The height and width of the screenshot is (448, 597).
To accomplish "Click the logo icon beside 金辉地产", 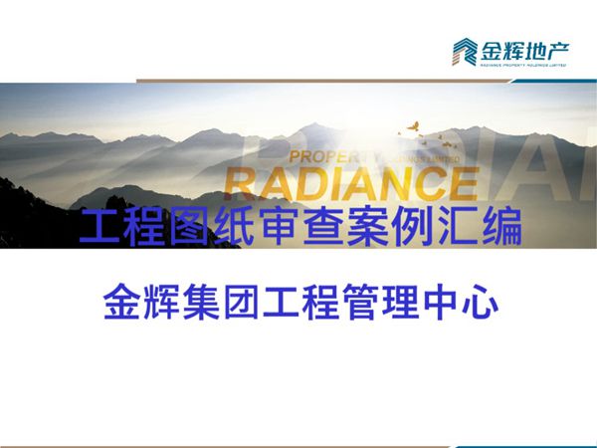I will [464, 51].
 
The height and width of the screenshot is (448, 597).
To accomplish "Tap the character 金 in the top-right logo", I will [493, 49].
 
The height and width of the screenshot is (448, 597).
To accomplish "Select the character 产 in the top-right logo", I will [567, 49].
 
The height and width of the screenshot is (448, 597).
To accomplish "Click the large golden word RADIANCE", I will [349, 183].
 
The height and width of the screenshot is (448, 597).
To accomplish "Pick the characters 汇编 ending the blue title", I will [498, 231].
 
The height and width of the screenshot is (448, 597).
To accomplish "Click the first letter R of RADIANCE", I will [243, 184].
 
